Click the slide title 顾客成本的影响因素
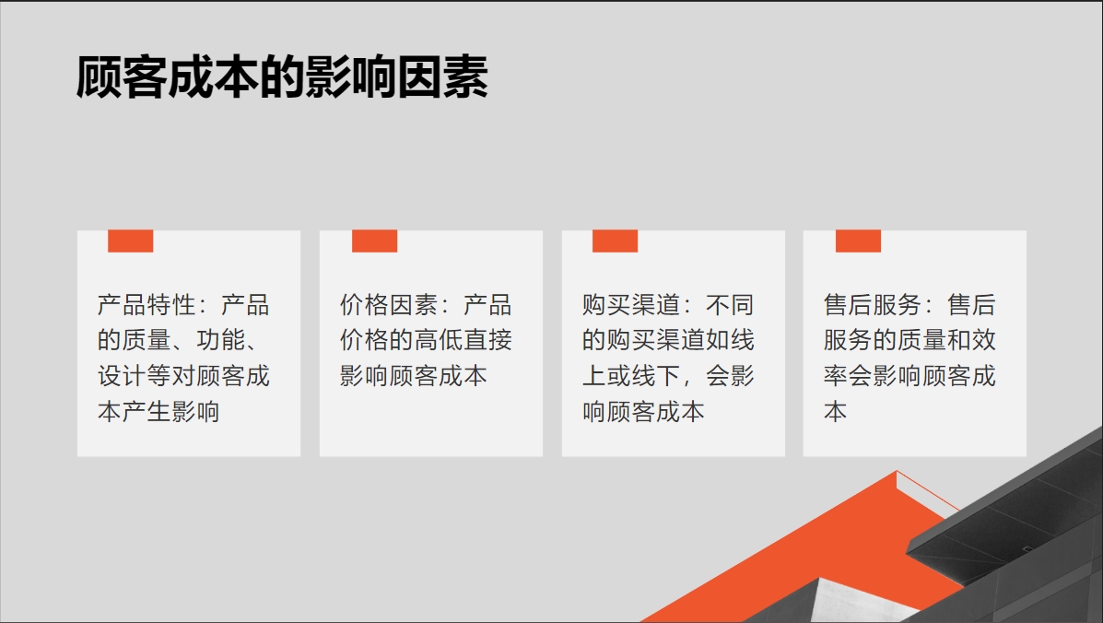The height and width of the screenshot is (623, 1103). pos(282,76)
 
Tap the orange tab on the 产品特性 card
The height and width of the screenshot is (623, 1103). pos(130,241)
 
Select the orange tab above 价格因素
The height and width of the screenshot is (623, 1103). pos(374,241)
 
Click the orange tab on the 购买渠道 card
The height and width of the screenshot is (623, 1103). pos(615,241)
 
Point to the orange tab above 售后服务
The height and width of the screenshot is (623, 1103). pos(858,241)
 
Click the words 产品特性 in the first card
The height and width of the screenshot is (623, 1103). pos(147,305)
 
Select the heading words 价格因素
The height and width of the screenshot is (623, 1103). pos(389,305)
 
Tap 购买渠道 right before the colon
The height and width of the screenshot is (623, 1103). pos(631,305)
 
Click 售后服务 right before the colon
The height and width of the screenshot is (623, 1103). pos(873,305)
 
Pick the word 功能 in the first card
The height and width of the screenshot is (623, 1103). pos(221,340)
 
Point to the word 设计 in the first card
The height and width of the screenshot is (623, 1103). pos(122,376)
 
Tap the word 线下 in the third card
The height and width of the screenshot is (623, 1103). pos(655,376)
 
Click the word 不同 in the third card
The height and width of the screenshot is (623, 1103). pos(730,305)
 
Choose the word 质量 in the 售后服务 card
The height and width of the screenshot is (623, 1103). pos(922,340)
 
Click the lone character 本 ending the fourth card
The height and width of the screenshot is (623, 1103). pos(836,411)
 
